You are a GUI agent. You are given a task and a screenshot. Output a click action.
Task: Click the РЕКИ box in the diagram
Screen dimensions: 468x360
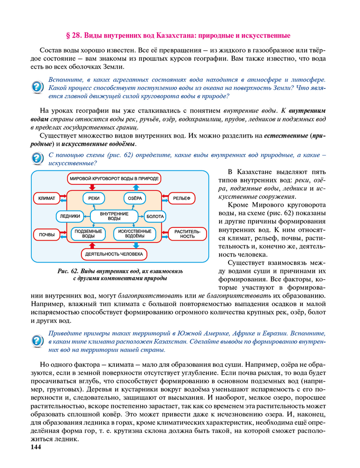click(x=94, y=198)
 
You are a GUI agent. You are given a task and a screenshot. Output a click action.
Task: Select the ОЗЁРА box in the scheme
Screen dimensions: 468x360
click(x=135, y=198)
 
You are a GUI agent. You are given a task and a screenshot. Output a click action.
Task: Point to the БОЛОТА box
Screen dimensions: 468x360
click(x=155, y=217)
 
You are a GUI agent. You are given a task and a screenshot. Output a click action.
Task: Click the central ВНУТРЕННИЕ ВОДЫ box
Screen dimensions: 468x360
click(x=114, y=216)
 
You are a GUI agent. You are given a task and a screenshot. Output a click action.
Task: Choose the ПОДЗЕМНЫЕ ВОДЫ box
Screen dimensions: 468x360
click(x=89, y=234)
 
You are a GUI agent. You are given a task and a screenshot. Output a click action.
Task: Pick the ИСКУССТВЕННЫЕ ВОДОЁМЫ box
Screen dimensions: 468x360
click(x=135, y=234)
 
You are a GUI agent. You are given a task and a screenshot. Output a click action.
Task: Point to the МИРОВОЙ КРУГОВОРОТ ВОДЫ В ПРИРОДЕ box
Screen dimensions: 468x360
click(x=114, y=178)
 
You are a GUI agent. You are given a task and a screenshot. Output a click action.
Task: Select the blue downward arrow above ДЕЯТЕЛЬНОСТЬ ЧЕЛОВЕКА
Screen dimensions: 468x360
click(x=136, y=245)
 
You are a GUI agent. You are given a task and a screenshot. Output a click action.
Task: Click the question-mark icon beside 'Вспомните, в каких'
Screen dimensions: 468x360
click(x=37, y=88)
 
